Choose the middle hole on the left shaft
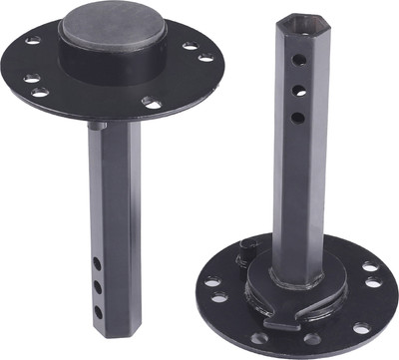click(x=98, y=285)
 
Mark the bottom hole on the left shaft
click(x=98, y=309)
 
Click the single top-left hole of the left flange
click(x=35, y=41)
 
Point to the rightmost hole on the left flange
click(x=205, y=57)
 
